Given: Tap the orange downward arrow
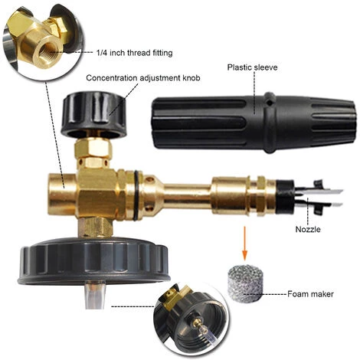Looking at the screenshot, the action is click(x=245, y=243).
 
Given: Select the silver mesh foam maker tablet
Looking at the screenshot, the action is click(x=245, y=282).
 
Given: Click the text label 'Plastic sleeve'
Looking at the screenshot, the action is click(x=252, y=67).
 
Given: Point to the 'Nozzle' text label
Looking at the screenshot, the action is click(x=308, y=229).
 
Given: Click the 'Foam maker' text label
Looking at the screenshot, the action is click(x=310, y=294).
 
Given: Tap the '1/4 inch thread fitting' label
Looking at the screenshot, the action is click(x=135, y=53).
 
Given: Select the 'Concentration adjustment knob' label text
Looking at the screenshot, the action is click(x=143, y=78).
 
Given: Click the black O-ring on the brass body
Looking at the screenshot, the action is click(x=136, y=195).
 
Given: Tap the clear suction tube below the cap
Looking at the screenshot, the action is click(x=95, y=295).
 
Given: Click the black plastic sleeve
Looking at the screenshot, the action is click(x=254, y=123).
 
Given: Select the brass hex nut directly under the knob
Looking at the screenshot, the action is click(x=93, y=149).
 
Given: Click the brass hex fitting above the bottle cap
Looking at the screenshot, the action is click(x=95, y=227).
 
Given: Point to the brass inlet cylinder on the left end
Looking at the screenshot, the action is click(x=63, y=194).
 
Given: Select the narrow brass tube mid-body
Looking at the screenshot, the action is click(x=188, y=194).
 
